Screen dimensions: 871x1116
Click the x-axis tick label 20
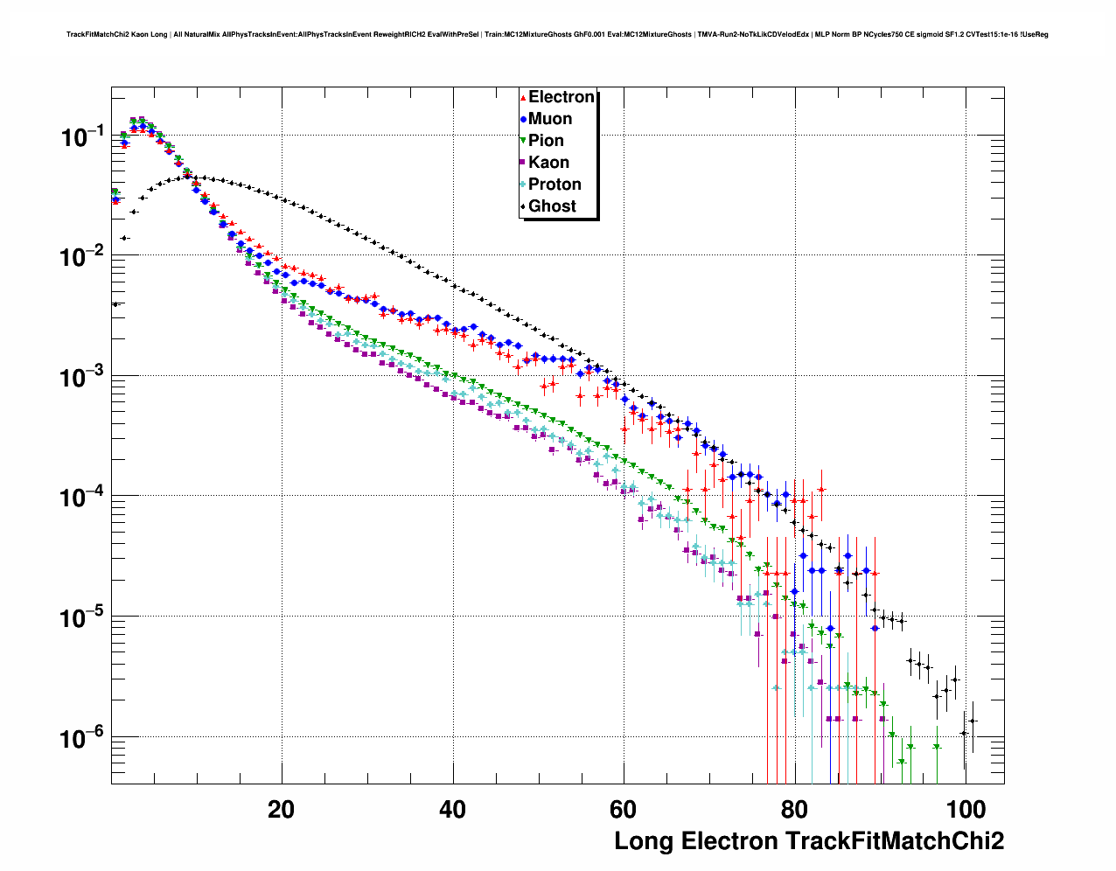[x=282, y=809]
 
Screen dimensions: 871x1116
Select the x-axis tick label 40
[x=452, y=809]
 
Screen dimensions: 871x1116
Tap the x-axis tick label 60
[x=624, y=809]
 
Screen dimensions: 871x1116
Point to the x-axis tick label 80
[x=794, y=809]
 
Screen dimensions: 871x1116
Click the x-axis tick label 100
[x=966, y=809]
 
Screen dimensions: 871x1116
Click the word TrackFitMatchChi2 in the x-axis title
[x=895, y=841]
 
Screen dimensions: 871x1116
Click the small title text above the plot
[x=557, y=35]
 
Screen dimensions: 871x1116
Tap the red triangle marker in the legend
[x=523, y=97]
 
